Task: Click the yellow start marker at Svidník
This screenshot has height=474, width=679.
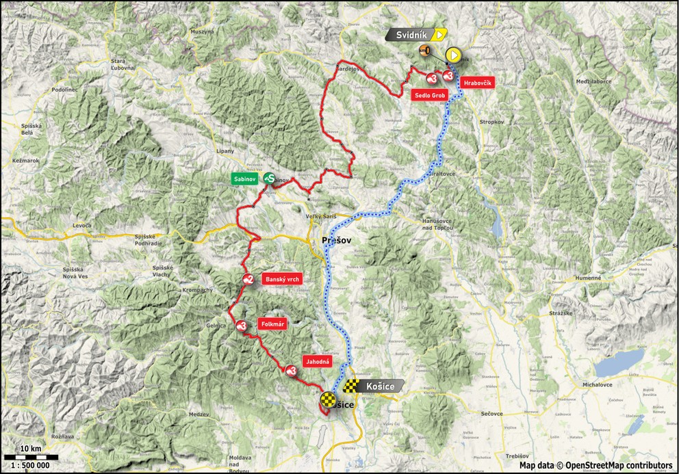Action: click(453, 55)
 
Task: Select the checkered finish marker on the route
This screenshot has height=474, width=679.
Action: click(328, 399)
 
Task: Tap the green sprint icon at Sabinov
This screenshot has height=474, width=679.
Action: click(270, 178)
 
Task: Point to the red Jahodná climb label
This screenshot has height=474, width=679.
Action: click(318, 361)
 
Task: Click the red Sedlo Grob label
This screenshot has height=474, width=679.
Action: click(430, 96)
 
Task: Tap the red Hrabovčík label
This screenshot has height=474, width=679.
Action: click(477, 81)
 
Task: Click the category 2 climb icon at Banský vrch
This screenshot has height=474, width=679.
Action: click(248, 279)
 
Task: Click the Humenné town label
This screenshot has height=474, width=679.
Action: click(586, 278)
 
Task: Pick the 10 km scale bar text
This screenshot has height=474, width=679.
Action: click(31, 447)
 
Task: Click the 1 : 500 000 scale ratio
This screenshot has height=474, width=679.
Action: click(31, 465)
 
